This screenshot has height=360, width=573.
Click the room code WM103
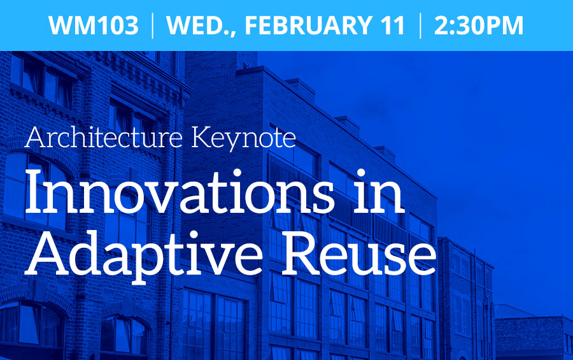click(93, 25)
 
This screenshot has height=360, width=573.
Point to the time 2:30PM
click(479, 25)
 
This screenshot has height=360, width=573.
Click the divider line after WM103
click(152, 25)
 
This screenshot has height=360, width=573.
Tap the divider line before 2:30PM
click(420, 25)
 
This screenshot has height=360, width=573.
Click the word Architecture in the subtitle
click(103, 137)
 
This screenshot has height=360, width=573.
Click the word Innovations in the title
click(179, 191)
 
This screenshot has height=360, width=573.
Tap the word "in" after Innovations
click(379, 191)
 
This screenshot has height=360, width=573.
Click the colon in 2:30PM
click(450, 27)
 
